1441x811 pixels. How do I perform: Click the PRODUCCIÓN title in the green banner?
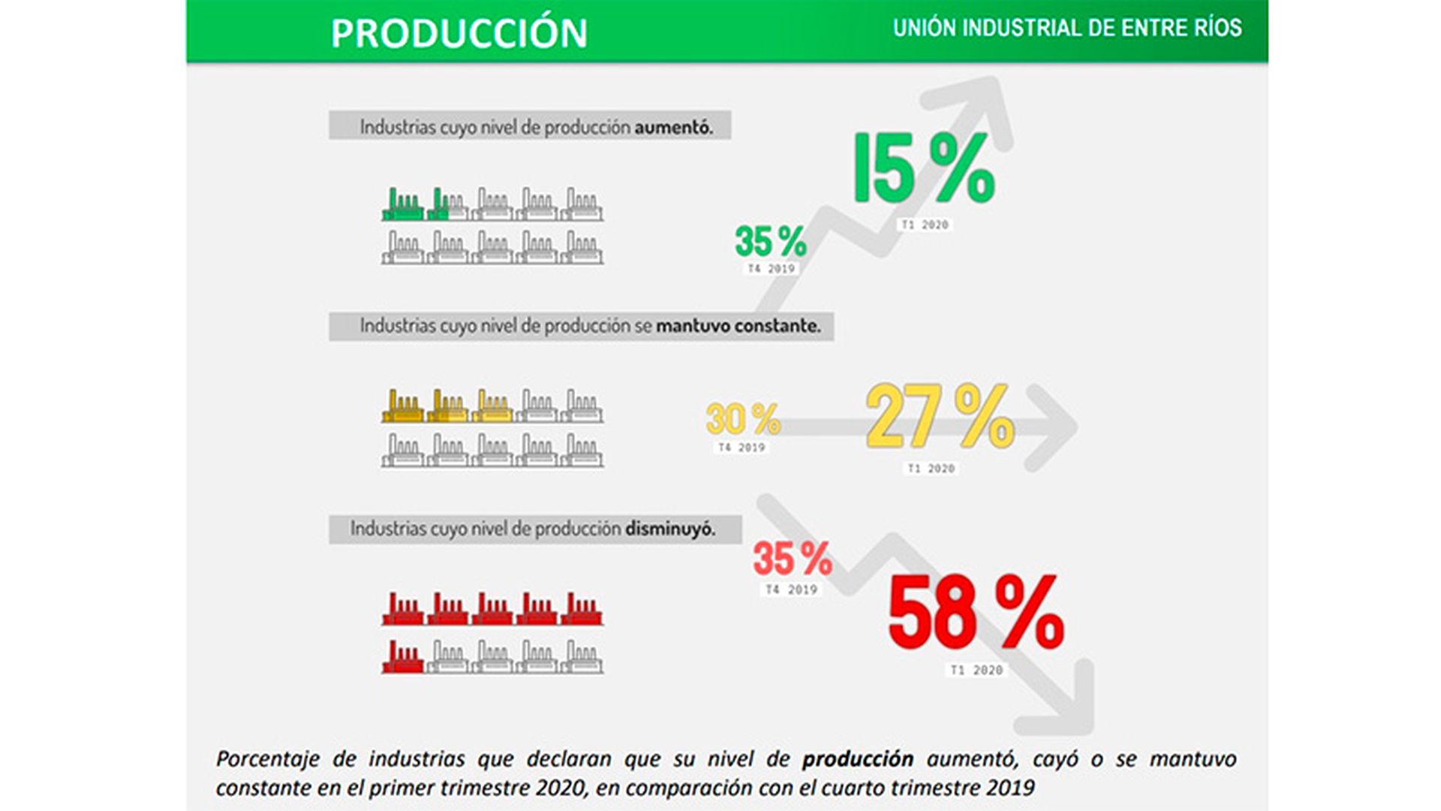pos(459,33)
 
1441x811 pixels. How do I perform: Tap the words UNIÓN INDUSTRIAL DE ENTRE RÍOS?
pos(1066,29)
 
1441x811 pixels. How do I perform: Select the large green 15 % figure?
pos(924,168)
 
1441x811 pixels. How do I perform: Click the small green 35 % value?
pos(770,242)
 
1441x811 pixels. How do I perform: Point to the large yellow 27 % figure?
pos(940,416)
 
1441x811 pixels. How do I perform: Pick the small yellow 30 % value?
pos(742,419)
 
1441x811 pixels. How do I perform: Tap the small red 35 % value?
pos(792,559)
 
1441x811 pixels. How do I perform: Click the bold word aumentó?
pos(673,128)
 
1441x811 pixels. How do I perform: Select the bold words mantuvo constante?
pos(738,327)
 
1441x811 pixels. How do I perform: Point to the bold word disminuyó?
pos(669,529)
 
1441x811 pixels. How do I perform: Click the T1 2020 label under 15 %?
pos(925,225)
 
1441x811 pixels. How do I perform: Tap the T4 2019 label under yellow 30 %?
pos(742,448)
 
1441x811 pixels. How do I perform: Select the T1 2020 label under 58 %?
pos(976,671)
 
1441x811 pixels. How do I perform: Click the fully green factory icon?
pos(402,205)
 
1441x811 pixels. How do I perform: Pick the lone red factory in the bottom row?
pos(402,657)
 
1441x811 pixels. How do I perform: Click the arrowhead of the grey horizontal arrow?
pos(1054,428)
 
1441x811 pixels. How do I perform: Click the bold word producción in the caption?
pos(857,759)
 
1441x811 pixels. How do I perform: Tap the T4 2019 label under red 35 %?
pos(791,590)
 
